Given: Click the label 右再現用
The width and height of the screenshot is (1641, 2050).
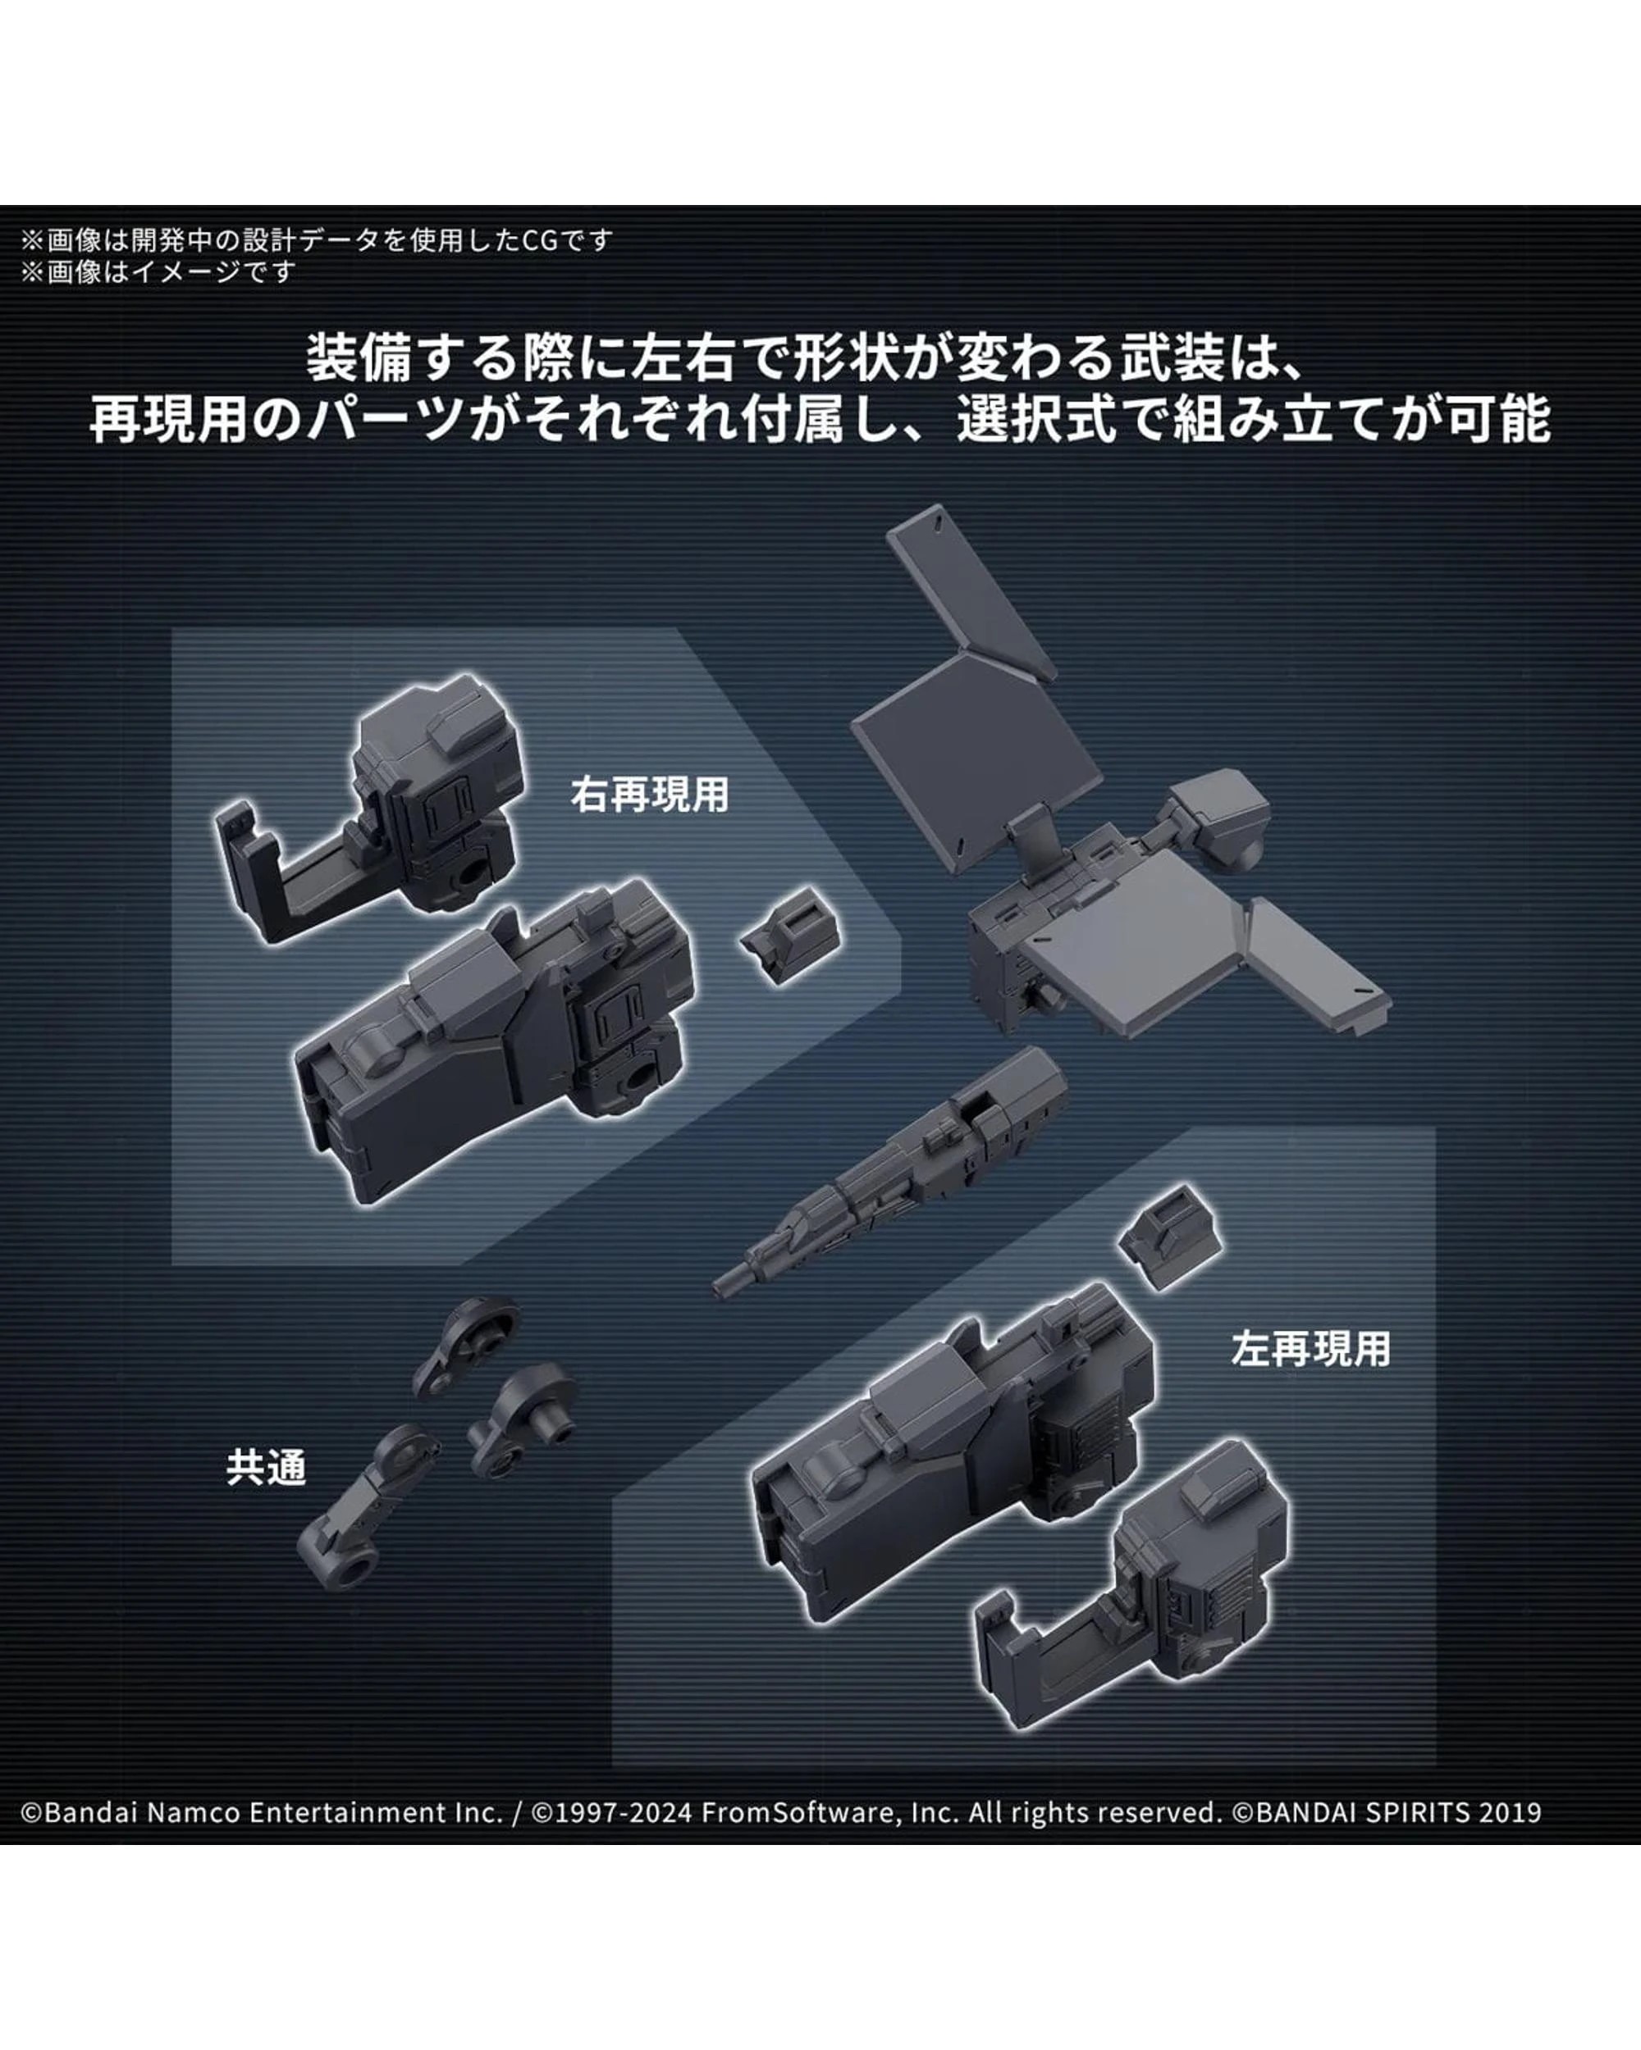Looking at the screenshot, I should tap(650, 795).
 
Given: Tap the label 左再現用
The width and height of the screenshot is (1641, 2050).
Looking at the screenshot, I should tap(1311, 1349).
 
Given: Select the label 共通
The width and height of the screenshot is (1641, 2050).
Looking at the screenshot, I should tap(267, 1468).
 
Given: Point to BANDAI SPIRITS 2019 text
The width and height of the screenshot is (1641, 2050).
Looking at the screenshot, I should tap(1397, 1812).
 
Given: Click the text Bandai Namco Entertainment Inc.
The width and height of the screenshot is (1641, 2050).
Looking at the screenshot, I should tap(273, 1812).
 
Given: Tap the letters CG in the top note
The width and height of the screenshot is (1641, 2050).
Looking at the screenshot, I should tap(541, 240).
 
